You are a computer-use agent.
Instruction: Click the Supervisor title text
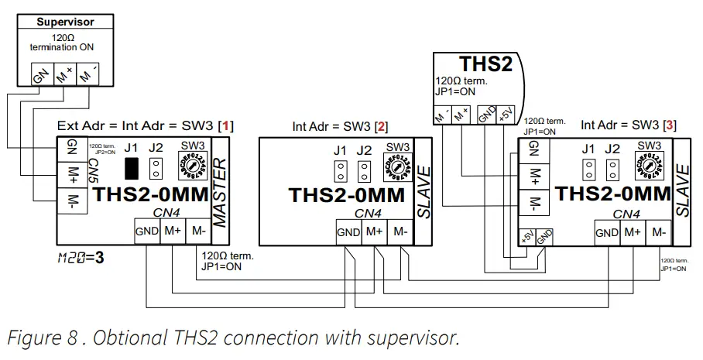tap(66, 22)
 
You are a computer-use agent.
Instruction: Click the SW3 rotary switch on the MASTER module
tap(192, 166)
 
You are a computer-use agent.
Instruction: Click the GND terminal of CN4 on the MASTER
tap(147, 231)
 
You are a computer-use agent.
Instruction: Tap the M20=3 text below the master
tap(81, 258)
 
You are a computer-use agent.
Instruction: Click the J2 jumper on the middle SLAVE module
tap(365, 171)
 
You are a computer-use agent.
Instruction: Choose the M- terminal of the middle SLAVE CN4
tap(400, 231)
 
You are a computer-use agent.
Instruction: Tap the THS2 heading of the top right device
tap(485, 65)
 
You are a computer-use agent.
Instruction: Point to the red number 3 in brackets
tap(670, 125)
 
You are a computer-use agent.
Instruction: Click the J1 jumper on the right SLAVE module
tap(589, 168)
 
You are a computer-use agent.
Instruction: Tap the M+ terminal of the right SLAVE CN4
tap(633, 232)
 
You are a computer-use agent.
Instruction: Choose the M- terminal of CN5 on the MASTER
tap(71, 203)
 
